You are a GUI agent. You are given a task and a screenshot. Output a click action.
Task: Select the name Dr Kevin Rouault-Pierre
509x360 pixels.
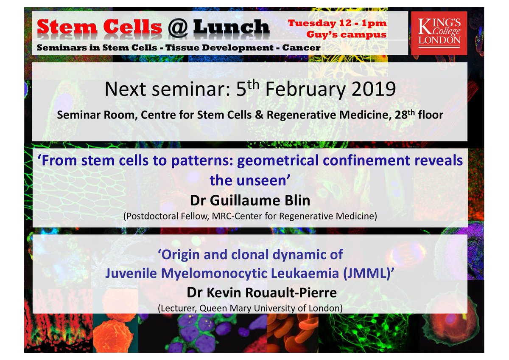[250, 293]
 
